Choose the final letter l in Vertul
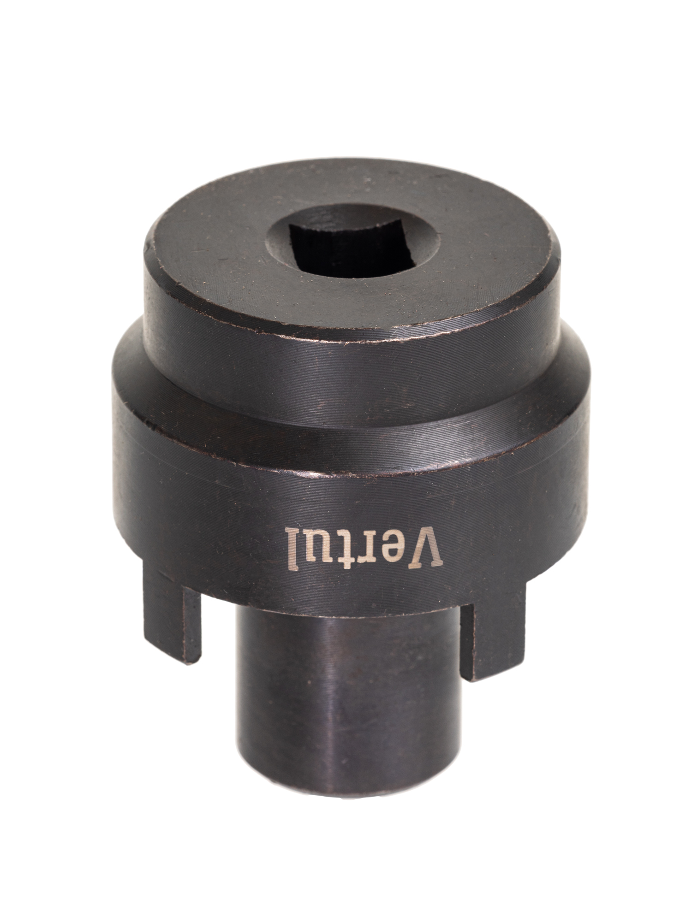point(294,546)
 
